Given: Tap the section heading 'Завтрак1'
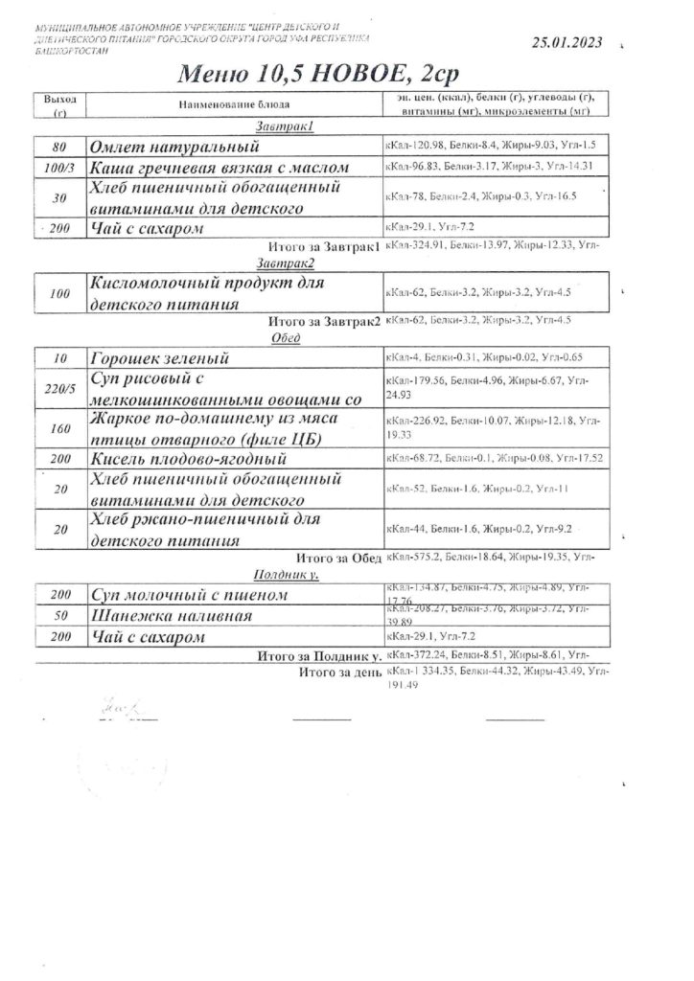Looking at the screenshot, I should coord(285,126).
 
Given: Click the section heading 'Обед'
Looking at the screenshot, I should coord(287,336).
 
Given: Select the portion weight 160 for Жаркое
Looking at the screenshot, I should coord(59,427).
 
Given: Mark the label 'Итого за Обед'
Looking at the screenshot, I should coord(341,558).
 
